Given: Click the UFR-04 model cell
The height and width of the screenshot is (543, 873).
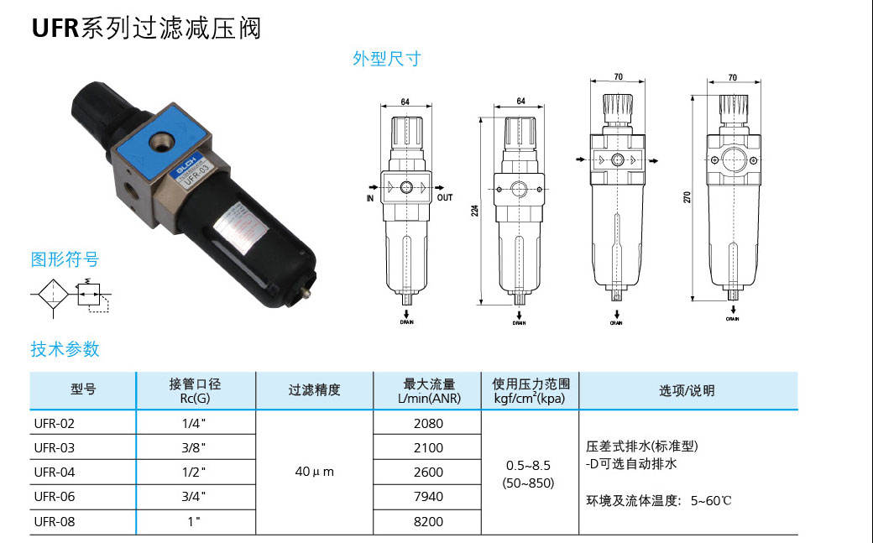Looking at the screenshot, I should tap(55, 473).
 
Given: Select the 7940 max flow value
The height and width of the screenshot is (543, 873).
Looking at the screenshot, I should tap(428, 497).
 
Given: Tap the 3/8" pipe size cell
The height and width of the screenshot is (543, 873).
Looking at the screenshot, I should tap(194, 448).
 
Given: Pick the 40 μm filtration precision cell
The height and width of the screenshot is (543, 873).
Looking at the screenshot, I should tap(314, 472).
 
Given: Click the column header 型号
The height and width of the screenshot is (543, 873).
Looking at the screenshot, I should tap(82, 390).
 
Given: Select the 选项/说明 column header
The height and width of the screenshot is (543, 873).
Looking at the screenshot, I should tap(687, 390).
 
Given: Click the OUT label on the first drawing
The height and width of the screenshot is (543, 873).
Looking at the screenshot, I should tap(444, 198).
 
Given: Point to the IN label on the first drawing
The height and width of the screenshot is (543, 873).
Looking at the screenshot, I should tap(369, 199).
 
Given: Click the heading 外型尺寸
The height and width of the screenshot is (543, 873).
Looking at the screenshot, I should tap(386, 59).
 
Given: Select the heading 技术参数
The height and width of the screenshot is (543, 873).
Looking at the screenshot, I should tap(65, 348).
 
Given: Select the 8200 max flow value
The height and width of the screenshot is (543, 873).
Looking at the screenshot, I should tap(428, 521).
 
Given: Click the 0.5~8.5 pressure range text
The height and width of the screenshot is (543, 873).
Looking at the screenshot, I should tap(528, 465).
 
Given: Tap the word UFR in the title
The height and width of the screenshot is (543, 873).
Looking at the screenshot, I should tap(55, 29).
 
